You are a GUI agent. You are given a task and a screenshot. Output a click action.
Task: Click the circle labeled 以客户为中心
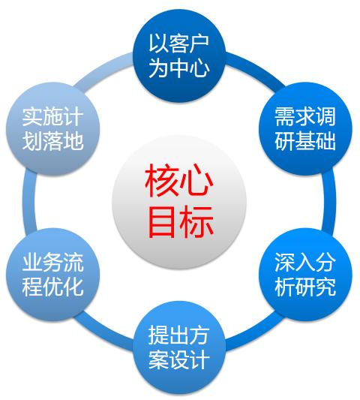pyautogui.click(x=179, y=56)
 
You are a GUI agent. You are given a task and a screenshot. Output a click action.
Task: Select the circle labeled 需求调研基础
pyautogui.click(x=305, y=129)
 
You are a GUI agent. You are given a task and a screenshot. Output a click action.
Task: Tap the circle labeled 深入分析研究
pyautogui.click(x=305, y=275)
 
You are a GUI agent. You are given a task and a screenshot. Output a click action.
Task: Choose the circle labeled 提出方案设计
pyautogui.click(x=179, y=347)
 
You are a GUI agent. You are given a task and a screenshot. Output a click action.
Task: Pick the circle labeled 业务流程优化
pyautogui.click(x=53, y=275)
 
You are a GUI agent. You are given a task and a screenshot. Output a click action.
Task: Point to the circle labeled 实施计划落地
pyautogui.click(x=53, y=129)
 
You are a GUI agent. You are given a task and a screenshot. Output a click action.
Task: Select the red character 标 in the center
pyautogui.click(x=196, y=221)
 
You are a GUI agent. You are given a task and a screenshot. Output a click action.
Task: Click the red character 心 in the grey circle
pyautogui.click(x=196, y=181)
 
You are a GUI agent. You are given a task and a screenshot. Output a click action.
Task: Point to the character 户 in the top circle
pyautogui.click(x=199, y=44)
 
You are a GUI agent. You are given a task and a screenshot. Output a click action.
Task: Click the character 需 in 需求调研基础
pyautogui.click(x=285, y=116)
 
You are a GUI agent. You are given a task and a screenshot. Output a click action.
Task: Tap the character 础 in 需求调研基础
pyautogui.click(x=325, y=140)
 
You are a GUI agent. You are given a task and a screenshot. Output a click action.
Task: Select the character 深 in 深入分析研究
pyautogui.click(x=285, y=262)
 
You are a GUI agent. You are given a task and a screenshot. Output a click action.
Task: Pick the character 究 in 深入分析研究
pyautogui.click(x=325, y=287)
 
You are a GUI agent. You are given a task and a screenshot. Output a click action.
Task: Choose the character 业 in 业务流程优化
pyautogui.click(x=32, y=262)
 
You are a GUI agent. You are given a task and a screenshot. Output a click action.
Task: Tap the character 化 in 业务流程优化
pyautogui.click(x=73, y=287)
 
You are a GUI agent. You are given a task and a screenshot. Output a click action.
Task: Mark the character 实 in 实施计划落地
pyautogui.click(x=32, y=116)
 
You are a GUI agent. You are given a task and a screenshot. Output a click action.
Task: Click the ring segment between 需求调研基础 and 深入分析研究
pyautogui.click(x=329, y=202)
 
